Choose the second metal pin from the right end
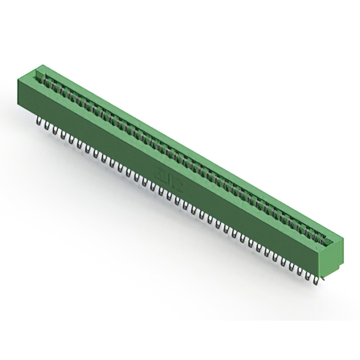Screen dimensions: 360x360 [x=308, y=274]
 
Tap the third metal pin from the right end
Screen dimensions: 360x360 [x=300, y=269]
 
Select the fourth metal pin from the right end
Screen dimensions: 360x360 [x=292, y=265]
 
